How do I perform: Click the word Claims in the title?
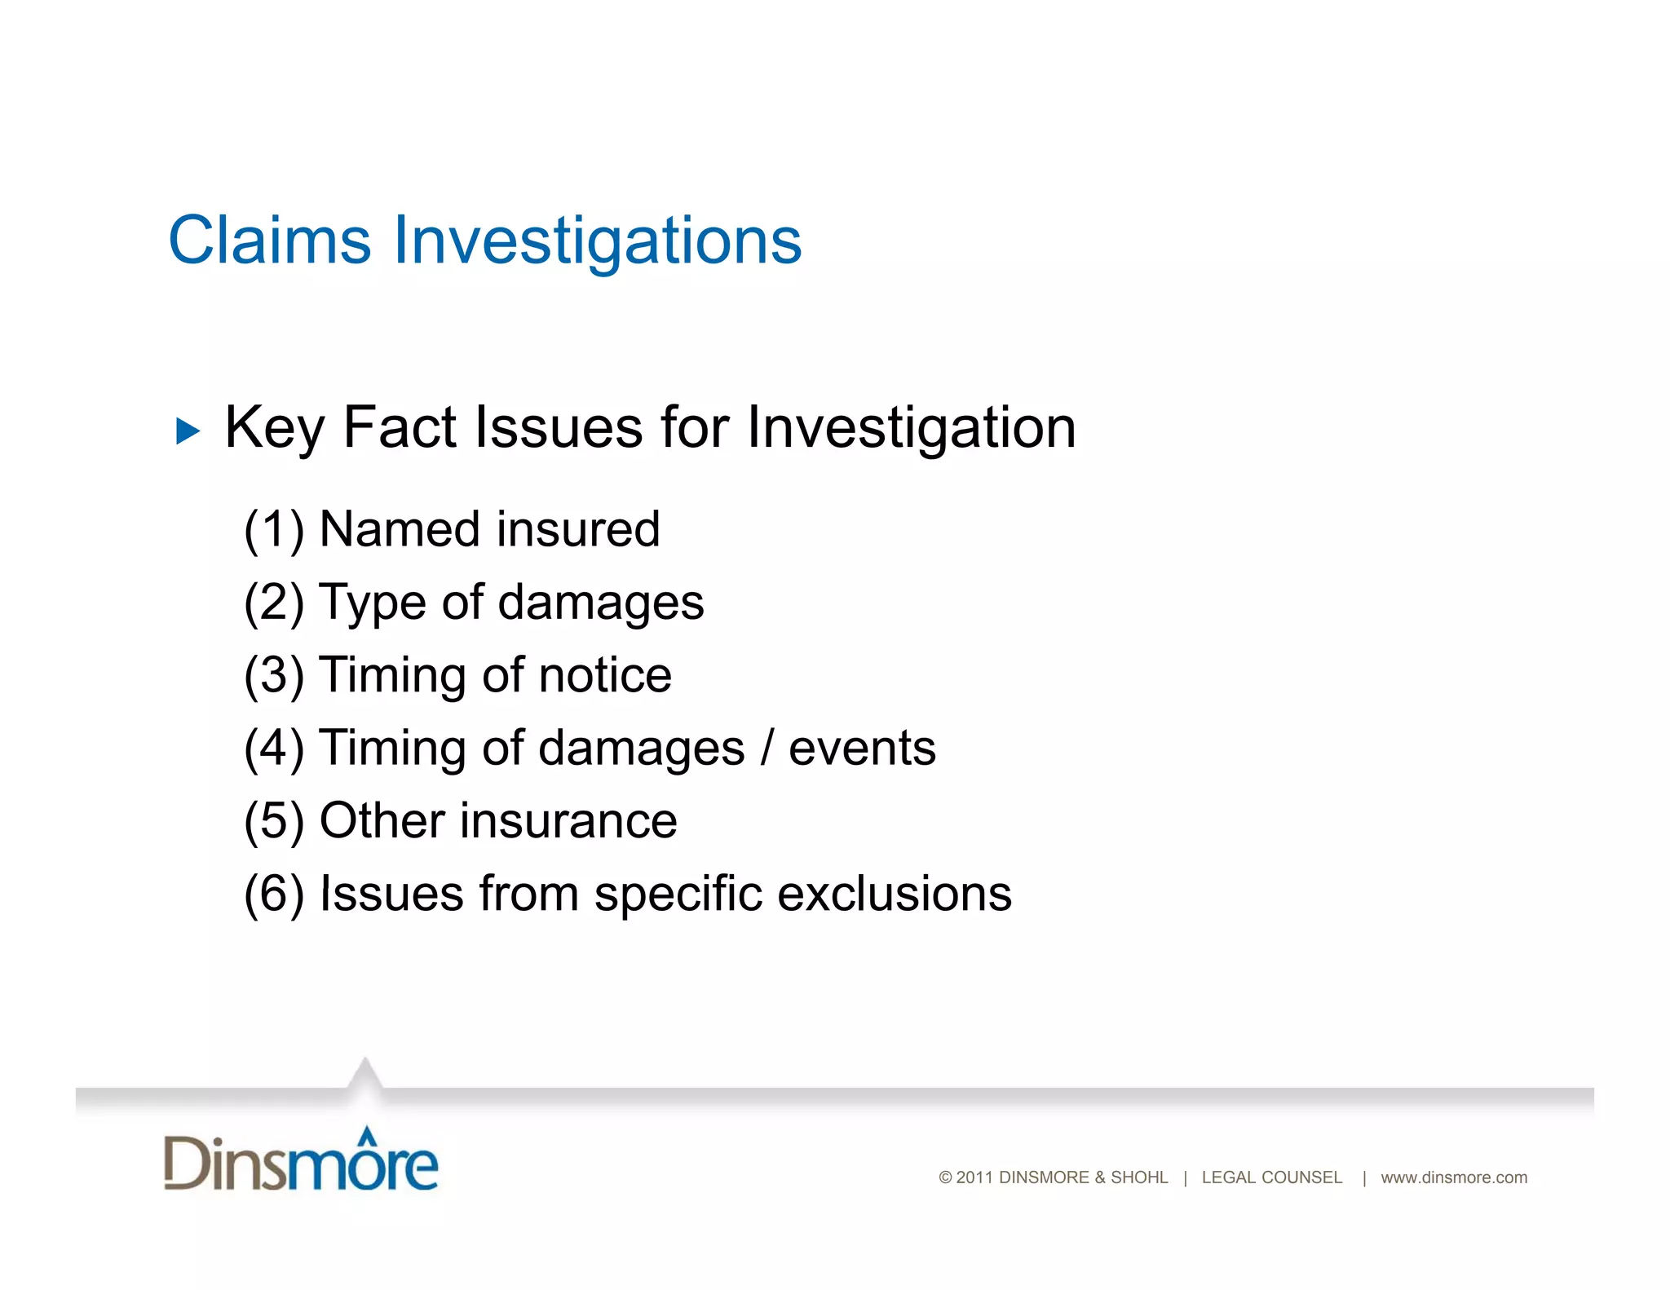[x=269, y=241]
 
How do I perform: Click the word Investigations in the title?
[x=598, y=242]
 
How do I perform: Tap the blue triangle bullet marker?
[x=187, y=431]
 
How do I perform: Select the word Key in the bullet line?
[x=273, y=428]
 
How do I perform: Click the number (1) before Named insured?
[x=274, y=530]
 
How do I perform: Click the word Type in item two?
[x=372, y=604]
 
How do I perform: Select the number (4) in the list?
[x=274, y=749]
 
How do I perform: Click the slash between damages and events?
[x=767, y=749]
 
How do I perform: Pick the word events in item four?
[x=862, y=749]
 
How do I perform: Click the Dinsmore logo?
[x=300, y=1161]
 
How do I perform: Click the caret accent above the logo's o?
[x=368, y=1135]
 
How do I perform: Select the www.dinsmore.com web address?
[x=1453, y=1177]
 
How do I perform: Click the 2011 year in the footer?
[x=974, y=1177]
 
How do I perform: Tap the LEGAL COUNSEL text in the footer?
[x=1271, y=1177]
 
